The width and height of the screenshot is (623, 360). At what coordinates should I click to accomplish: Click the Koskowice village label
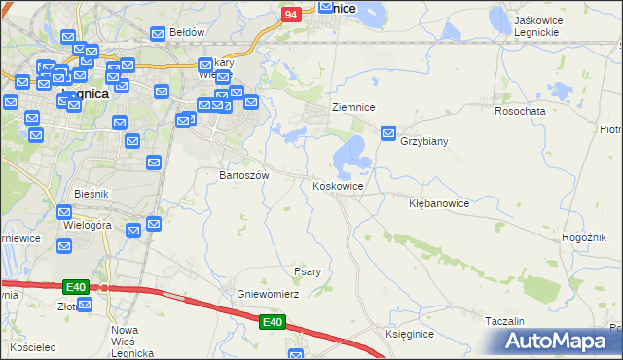point(339,185)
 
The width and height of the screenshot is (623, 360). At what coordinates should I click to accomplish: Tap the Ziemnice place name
point(353,107)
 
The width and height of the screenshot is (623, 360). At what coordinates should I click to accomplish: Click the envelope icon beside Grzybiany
point(388,132)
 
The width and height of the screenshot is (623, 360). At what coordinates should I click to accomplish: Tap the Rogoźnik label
point(585,237)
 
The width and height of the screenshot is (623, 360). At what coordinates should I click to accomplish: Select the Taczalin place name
point(504,320)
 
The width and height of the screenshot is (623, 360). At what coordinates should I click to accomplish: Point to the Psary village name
point(308,271)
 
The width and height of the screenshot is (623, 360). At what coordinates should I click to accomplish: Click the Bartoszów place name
point(237,176)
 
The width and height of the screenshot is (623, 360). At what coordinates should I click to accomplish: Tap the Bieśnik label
point(91,195)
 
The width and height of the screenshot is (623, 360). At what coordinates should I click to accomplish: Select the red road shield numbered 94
point(291,16)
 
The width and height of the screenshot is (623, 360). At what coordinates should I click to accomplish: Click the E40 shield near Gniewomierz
point(272,322)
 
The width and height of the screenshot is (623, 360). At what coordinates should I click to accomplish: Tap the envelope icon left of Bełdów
point(157,33)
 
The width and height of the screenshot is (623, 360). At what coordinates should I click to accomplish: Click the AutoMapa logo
point(557,342)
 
